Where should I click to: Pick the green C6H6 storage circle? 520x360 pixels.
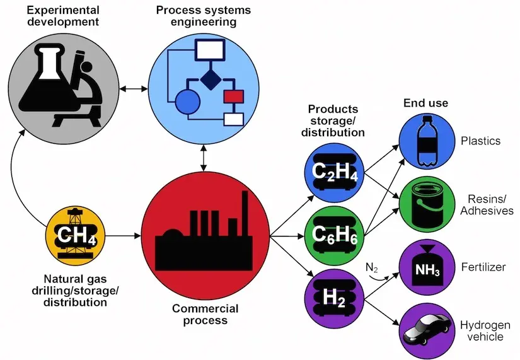point(331,235)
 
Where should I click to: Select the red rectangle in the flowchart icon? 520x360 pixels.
point(233,96)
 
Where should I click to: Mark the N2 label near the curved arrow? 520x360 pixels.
point(372,267)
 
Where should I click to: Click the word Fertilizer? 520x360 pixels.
point(483,267)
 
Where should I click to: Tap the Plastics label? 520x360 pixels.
point(480,140)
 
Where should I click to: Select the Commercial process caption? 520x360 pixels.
point(205,315)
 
